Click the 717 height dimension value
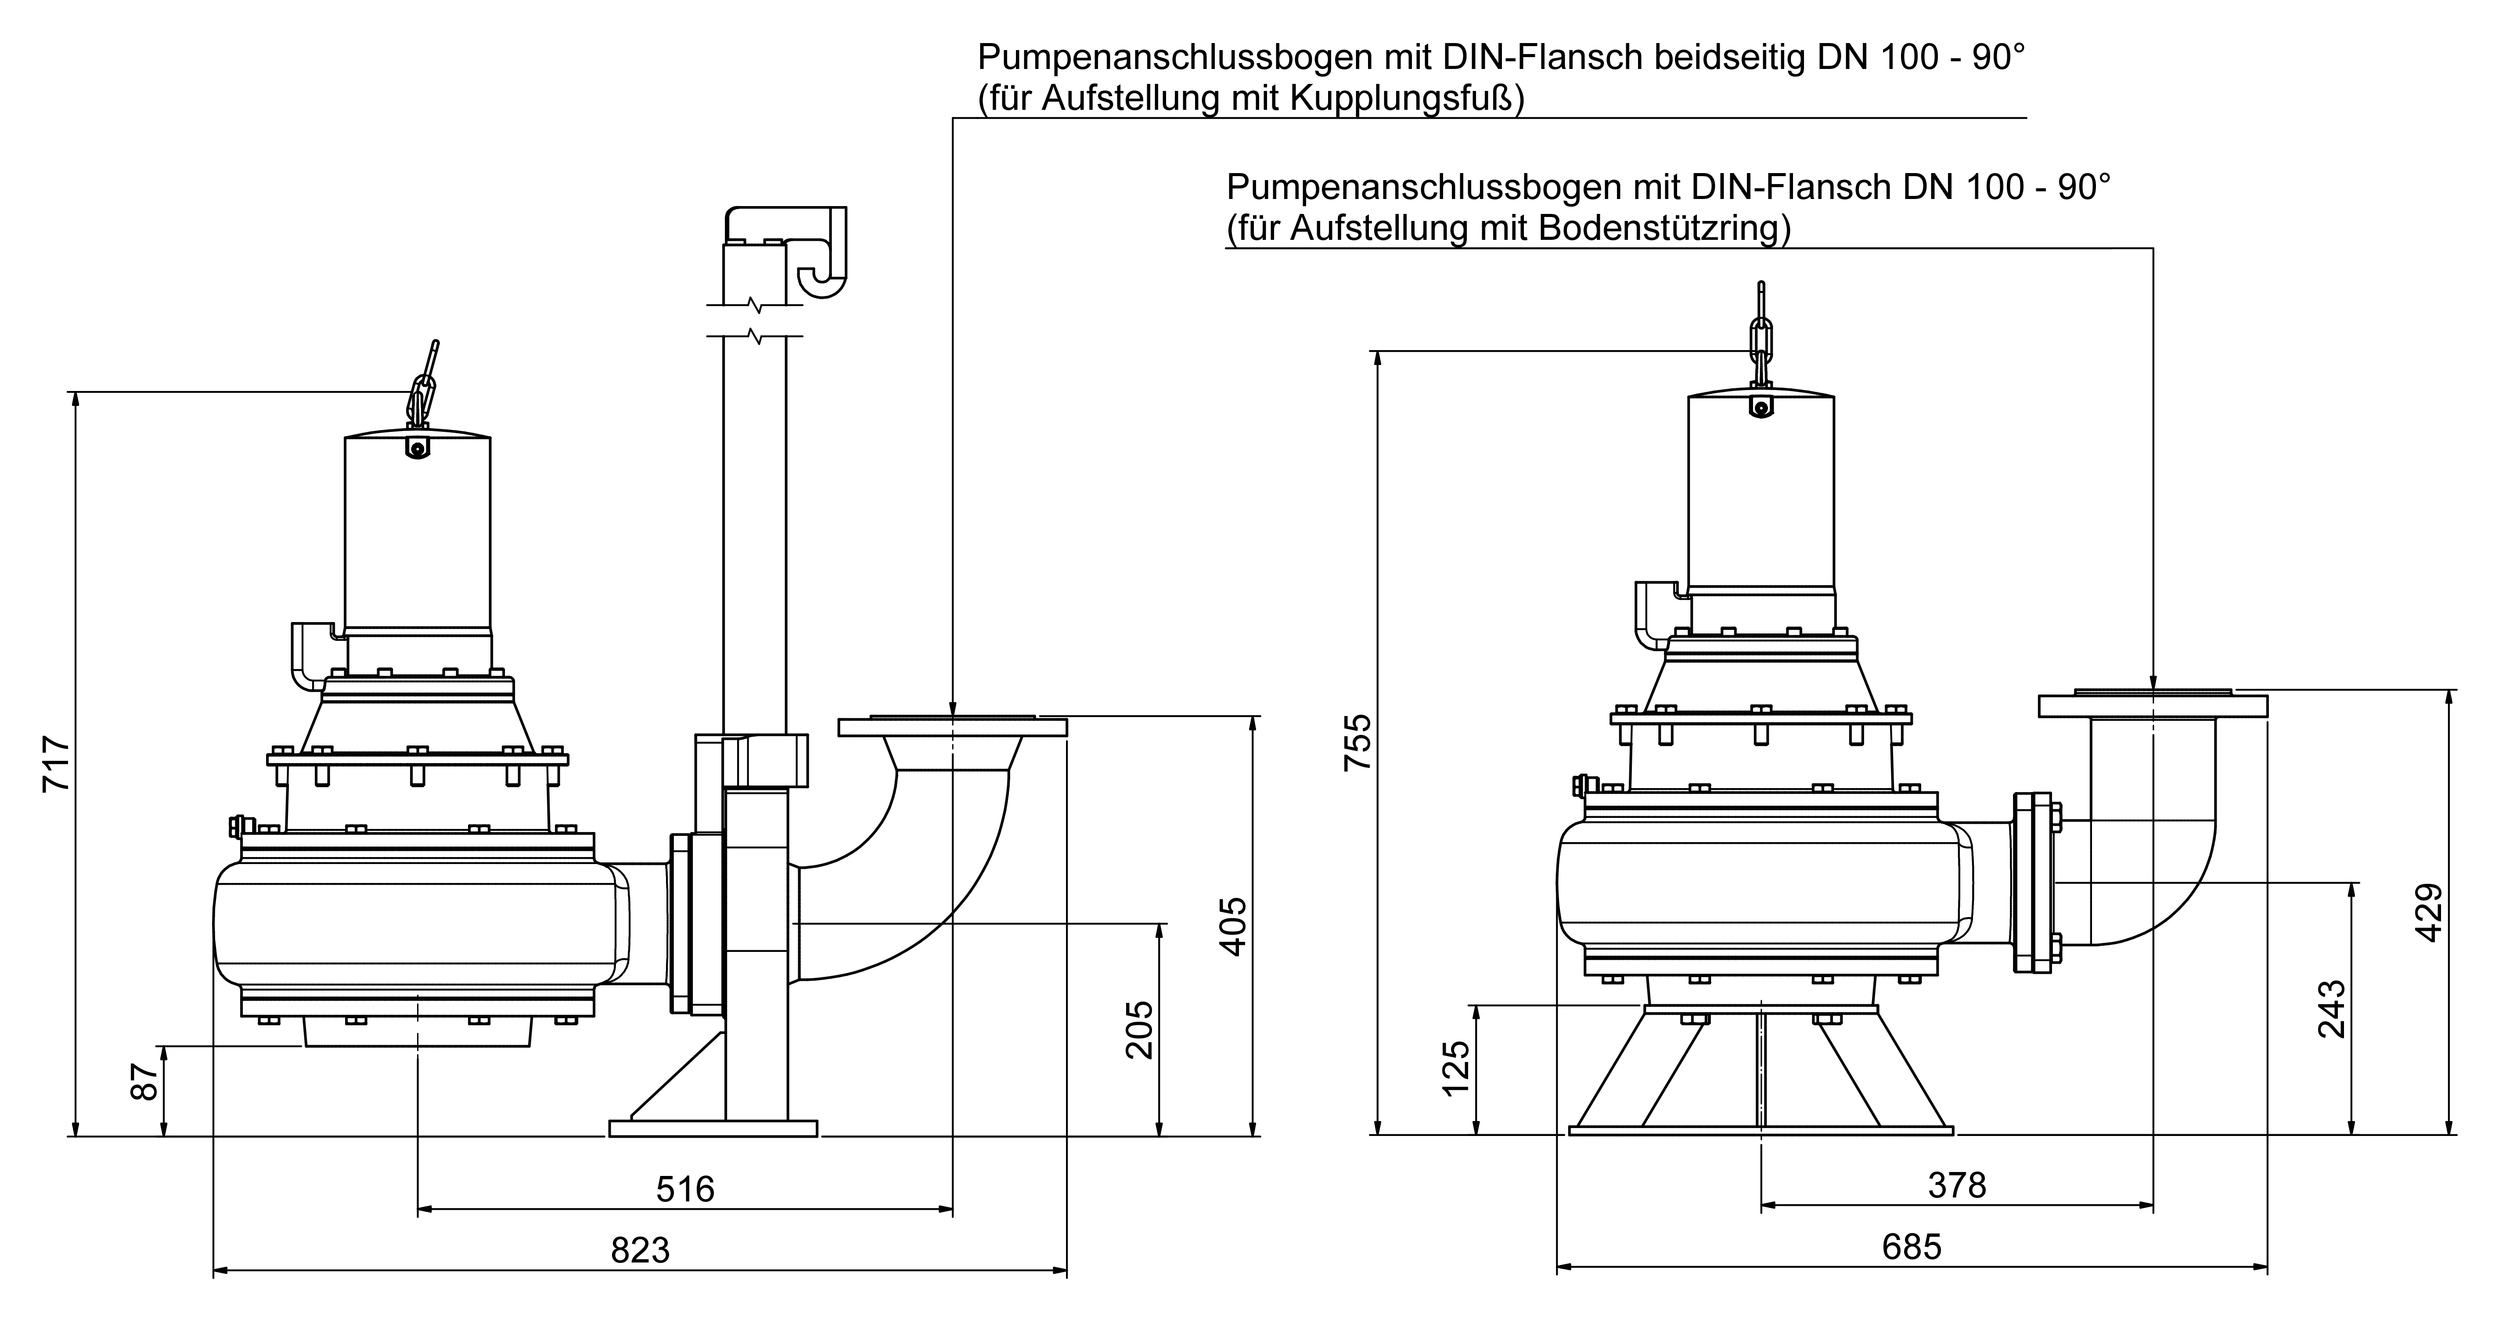point(57,764)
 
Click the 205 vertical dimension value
point(1139,1030)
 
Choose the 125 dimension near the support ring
point(1456,1068)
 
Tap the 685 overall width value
point(1912,1247)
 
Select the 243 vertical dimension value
point(2332,1009)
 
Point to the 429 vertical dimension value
point(2429,912)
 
